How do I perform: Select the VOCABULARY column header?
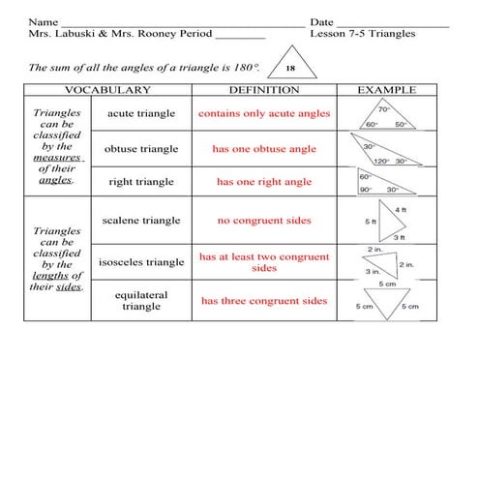(106, 90)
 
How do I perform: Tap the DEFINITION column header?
(263, 90)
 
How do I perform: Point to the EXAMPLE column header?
(386, 90)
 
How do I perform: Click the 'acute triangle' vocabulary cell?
(141, 114)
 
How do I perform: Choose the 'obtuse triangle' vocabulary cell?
(141, 149)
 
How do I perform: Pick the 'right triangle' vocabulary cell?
(141, 181)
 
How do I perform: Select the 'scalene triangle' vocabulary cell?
(141, 221)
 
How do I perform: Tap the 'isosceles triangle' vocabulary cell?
(141, 261)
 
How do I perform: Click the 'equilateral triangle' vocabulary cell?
(141, 300)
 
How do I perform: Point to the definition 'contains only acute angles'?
(263, 114)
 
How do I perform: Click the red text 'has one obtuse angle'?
(263, 149)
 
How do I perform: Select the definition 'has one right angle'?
(263, 181)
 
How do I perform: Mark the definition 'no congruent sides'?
(263, 221)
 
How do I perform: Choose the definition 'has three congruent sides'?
(263, 301)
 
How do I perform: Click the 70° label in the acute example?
(383, 108)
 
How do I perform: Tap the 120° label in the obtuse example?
(380, 162)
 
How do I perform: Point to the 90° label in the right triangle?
(366, 191)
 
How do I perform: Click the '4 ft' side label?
(401, 210)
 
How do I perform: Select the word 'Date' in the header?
(321, 21)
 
